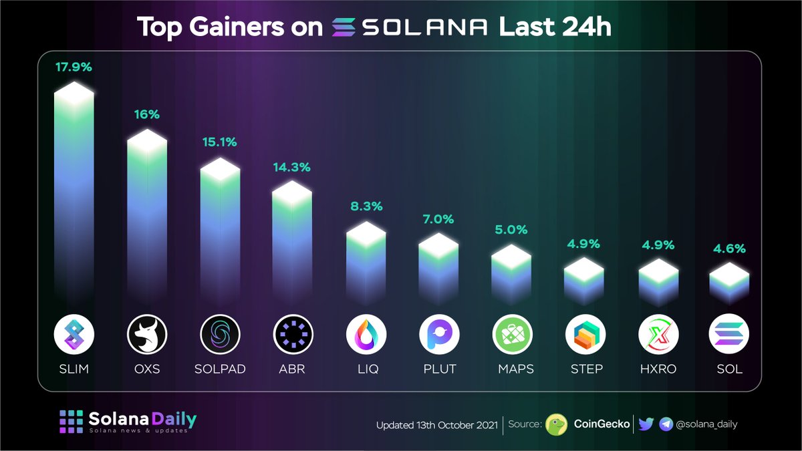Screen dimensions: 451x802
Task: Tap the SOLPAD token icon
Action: pyautogui.click(x=221, y=334)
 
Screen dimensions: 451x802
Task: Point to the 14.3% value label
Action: pyautogui.click(x=291, y=168)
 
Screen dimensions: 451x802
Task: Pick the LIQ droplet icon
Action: pyautogui.click(x=366, y=334)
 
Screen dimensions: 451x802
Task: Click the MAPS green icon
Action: pyautogui.click(x=512, y=334)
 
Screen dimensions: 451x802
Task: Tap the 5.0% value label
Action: pyautogui.click(x=511, y=230)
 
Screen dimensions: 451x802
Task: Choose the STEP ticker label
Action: pyautogui.click(x=585, y=369)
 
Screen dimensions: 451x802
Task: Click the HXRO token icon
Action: pyautogui.click(x=658, y=334)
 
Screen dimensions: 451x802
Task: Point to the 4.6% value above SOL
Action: pyautogui.click(x=729, y=249)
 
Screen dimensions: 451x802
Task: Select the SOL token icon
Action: pyautogui.click(x=729, y=334)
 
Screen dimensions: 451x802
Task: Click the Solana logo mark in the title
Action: pyautogui.click(x=346, y=28)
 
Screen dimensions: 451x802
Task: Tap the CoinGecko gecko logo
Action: pyautogui.click(x=557, y=424)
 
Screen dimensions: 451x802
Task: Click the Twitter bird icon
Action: pyautogui.click(x=646, y=424)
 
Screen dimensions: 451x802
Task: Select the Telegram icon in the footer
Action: pyautogui.click(x=666, y=424)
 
